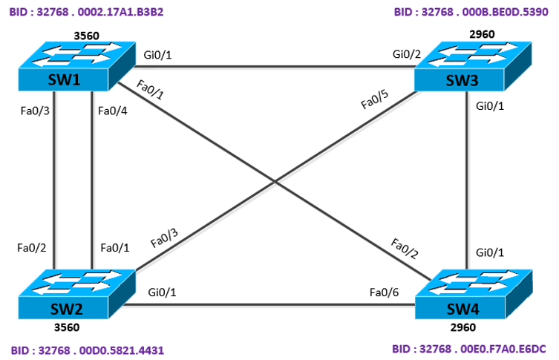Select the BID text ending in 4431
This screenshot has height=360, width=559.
pos(86,348)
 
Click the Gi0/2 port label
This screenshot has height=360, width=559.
pos(405,54)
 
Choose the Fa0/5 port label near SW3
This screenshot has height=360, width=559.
pos(373,99)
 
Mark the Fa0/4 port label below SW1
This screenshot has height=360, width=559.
pos(113,111)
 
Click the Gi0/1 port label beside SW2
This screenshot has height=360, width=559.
pos(163,292)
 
